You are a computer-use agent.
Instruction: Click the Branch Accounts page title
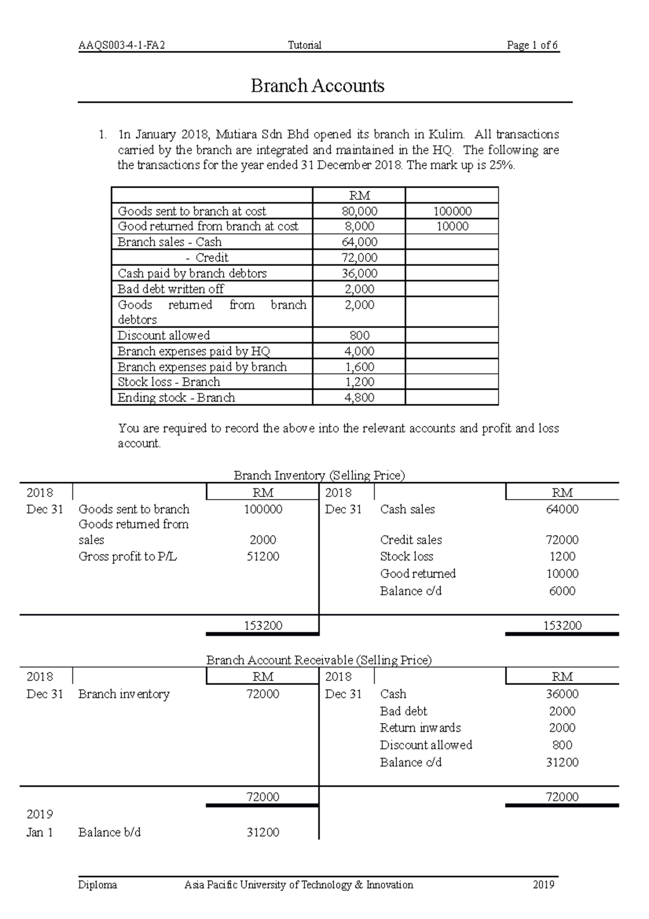[x=317, y=86]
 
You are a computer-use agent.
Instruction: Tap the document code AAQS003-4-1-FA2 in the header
[x=121, y=45]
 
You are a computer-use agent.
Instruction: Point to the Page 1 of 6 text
[x=532, y=45]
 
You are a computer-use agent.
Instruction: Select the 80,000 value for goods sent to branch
[x=360, y=211]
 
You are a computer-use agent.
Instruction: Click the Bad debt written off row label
[x=170, y=289]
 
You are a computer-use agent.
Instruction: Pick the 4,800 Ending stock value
[x=360, y=398]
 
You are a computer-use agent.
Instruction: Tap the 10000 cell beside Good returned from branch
[x=452, y=226]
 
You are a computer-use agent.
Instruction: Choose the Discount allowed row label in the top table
[x=163, y=336]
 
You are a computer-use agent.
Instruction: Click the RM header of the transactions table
[x=360, y=196]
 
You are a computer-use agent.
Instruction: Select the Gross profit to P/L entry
[x=128, y=556]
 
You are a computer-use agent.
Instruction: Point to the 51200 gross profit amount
[x=263, y=556]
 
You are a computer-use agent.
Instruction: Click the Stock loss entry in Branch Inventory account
[x=407, y=556]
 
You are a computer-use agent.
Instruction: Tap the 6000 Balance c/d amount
[x=562, y=591]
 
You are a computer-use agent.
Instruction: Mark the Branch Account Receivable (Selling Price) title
[x=319, y=660]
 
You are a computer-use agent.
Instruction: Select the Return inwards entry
[x=420, y=728]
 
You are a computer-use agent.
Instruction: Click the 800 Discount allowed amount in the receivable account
[x=562, y=745]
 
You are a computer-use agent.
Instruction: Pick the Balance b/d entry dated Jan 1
[x=109, y=832]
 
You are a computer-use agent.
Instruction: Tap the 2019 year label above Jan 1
[x=39, y=815]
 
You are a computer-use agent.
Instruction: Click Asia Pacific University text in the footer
[x=298, y=885]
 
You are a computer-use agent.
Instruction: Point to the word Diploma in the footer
[x=97, y=885]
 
